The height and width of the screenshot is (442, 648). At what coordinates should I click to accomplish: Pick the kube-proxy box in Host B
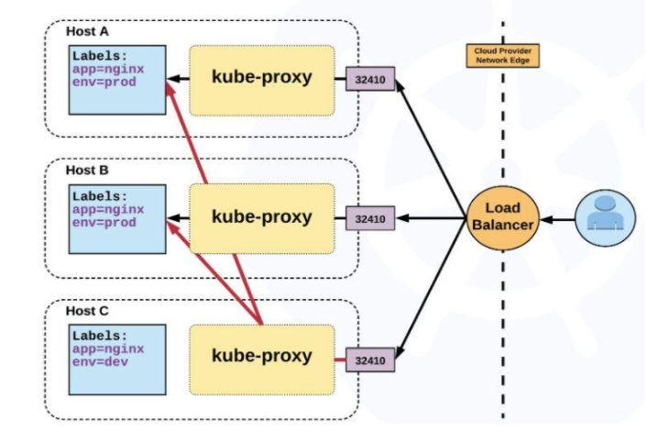[x=261, y=218]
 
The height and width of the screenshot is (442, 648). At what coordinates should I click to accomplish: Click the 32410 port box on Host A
[x=369, y=80]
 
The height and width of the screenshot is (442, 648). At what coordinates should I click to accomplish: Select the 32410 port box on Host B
[x=369, y=219]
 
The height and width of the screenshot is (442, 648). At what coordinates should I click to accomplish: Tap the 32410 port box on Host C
[x=369, y=360]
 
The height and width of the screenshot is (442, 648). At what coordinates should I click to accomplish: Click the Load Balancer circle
[x=502, y=218]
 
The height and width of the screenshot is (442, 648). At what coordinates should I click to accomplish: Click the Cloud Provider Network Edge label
[x=501, y=55]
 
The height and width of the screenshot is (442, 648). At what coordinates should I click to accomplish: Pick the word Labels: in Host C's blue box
[x=100, y=336]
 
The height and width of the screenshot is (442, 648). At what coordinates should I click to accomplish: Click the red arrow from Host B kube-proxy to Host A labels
[x=187, y=134]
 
